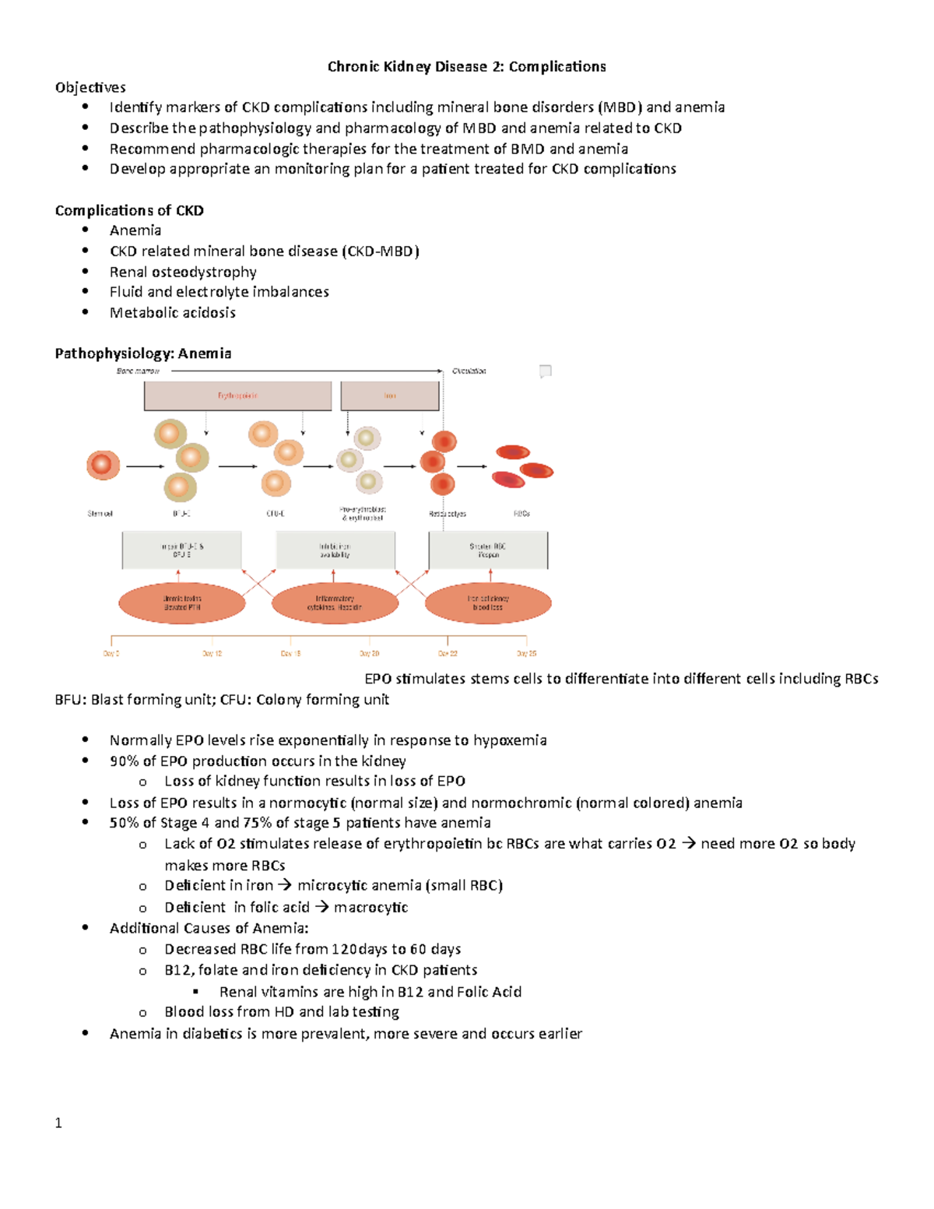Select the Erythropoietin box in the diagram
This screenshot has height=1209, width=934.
[237, 396]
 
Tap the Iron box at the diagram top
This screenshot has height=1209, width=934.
[390, 396]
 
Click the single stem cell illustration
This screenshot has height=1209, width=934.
[103, 465]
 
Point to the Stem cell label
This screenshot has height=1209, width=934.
[100, 514]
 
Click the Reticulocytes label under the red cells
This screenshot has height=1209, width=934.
[448, 514]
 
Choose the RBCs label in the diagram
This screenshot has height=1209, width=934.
[521, 514]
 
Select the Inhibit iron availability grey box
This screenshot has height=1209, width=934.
[335, 550]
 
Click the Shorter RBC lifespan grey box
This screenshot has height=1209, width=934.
[488, 550]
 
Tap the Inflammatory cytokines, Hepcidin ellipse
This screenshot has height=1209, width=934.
[335, 603]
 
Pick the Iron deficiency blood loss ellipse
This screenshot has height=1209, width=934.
[488, 603]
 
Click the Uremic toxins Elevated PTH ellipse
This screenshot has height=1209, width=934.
[182, 603]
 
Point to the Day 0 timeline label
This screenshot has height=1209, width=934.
[111, 654]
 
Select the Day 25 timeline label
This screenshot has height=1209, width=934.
[527, 654]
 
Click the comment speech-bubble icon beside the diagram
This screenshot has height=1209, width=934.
[546, 371]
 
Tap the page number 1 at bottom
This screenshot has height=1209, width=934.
[58, 1123]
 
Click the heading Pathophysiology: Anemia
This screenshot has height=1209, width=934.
[143, 353]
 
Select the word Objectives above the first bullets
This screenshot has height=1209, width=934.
[90, 87]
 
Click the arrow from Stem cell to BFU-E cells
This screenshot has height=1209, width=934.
[145, 466]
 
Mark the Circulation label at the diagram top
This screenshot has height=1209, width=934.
[469, 371]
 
